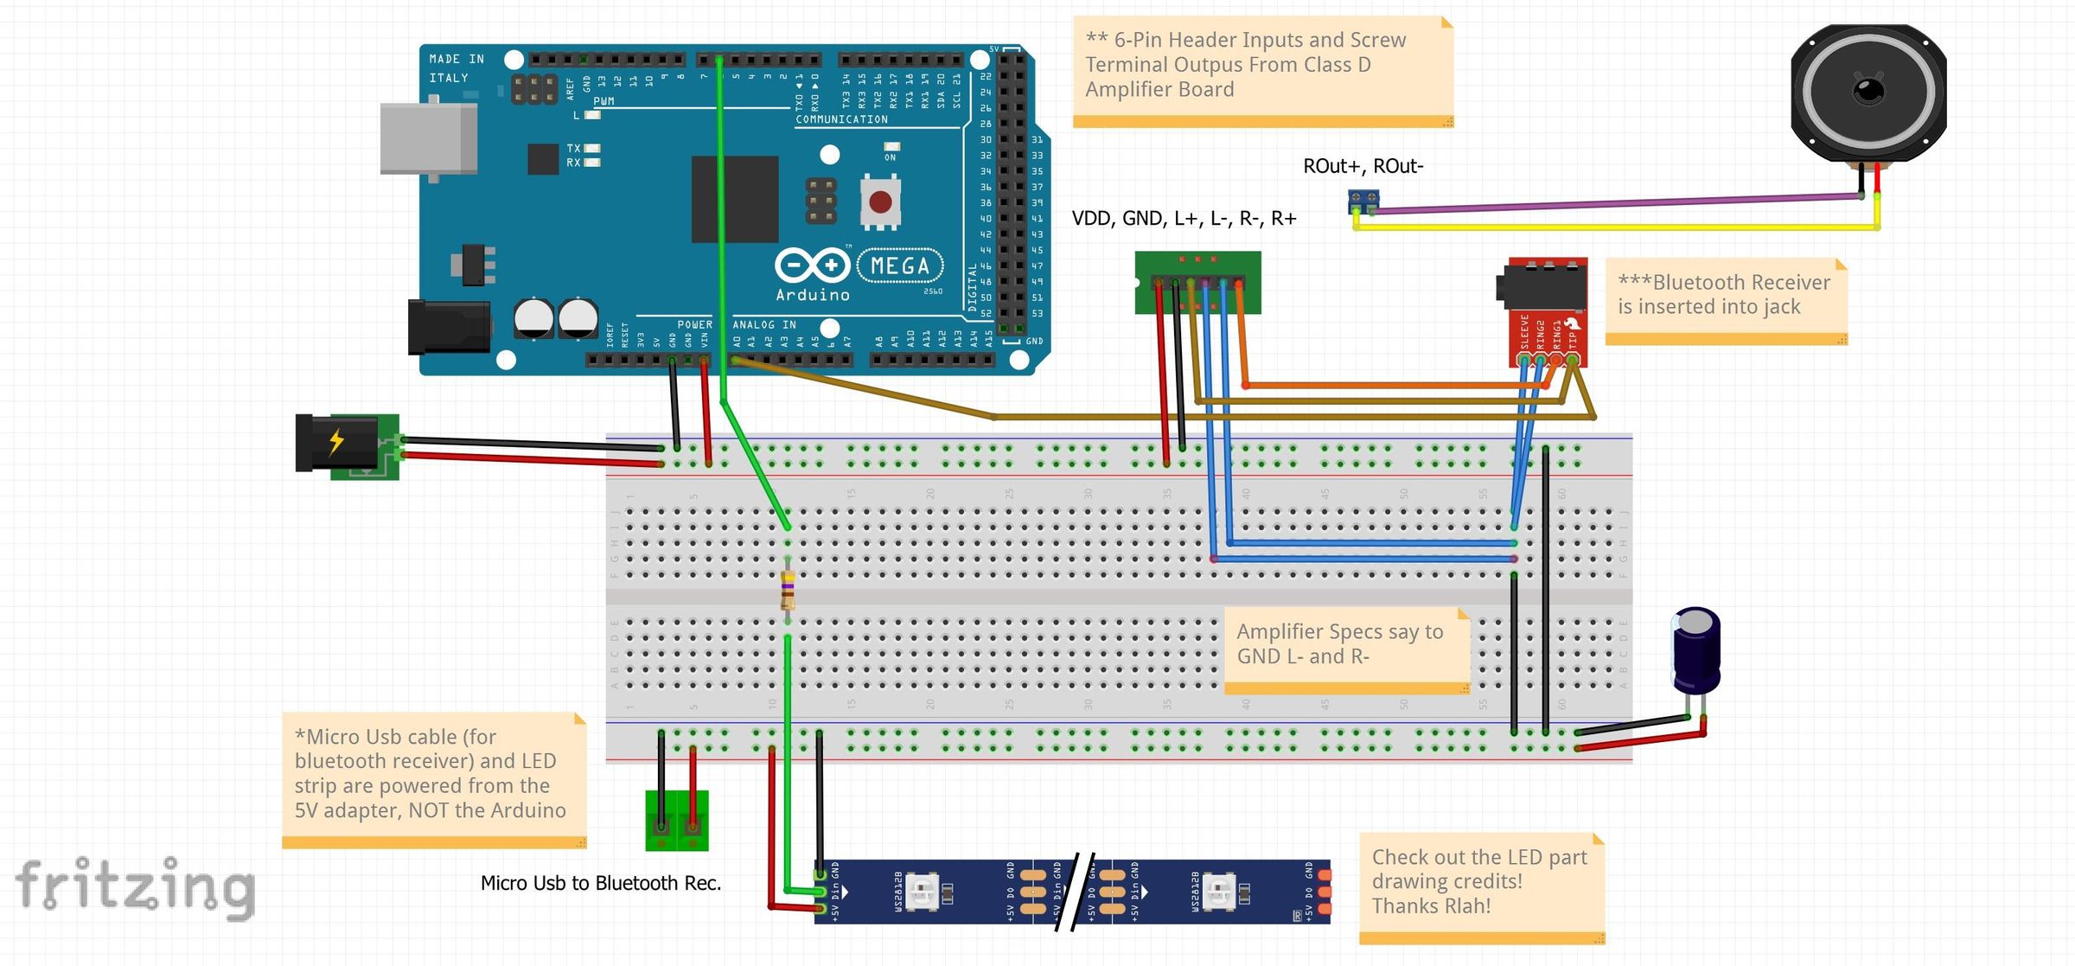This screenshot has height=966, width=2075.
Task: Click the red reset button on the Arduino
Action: (x=880, y=202)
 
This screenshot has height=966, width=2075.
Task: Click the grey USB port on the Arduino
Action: (x=429, y=139)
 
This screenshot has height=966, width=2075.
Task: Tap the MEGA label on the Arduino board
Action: (x=900, y=265)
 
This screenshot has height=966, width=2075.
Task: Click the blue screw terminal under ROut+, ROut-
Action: (x=1363, y=202)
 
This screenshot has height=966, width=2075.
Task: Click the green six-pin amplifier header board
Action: (x=1197, y=282)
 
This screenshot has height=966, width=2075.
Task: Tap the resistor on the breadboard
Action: (x=788, y=592)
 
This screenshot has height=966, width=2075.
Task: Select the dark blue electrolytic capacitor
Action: (x=1695, y=650)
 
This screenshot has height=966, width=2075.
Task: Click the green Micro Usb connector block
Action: (x=677, y=821)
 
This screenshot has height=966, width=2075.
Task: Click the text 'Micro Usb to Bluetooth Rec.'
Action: (x=600, y=883)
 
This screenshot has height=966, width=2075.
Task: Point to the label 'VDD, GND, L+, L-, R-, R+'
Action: (x=1184, y=219)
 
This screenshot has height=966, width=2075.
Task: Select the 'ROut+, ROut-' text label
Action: (x=1363, y=166)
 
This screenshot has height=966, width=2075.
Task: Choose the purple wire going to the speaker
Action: (x=1608, y=203)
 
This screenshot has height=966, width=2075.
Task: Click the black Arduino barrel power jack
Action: (x=450, y=326)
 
